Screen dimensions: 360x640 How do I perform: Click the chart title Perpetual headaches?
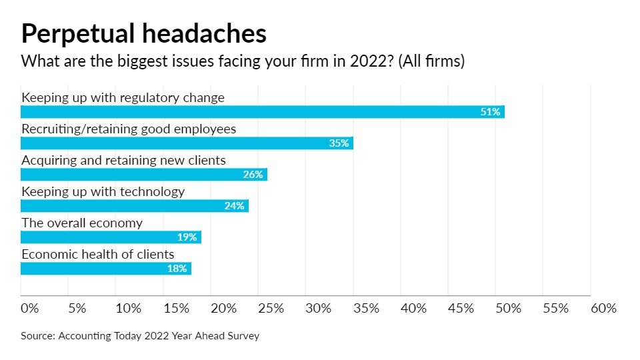143,33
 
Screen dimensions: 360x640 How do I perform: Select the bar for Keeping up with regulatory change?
262,112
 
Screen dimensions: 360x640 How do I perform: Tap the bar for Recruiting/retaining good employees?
187,143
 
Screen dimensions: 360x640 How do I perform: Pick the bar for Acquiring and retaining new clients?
143,175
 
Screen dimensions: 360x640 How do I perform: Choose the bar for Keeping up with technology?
134,206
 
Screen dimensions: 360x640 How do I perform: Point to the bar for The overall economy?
111,237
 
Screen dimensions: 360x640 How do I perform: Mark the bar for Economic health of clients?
105,269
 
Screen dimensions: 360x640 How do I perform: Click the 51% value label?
490,112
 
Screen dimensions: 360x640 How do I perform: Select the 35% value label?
339,143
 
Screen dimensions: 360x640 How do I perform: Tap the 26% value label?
253,175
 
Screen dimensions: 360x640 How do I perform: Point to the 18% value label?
177,269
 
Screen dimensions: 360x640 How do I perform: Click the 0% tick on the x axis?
30,309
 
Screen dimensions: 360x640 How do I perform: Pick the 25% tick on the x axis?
271,309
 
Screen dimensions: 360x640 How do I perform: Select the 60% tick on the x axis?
603,309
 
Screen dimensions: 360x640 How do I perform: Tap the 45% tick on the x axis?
461,309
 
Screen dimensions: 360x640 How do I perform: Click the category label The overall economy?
82,223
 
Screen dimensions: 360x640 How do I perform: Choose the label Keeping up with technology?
103,191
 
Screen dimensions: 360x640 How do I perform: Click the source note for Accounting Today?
140,336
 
